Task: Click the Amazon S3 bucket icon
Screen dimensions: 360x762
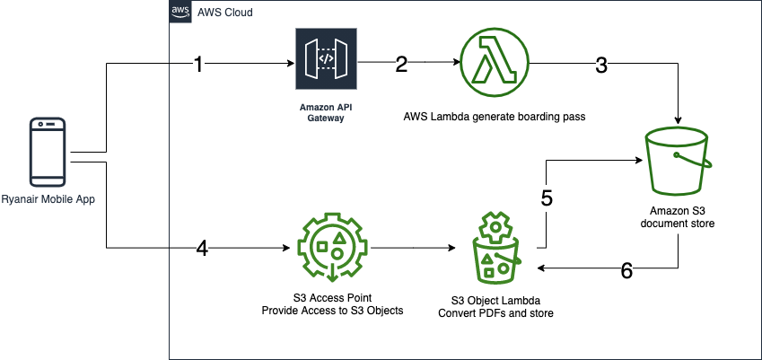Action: point(678,161)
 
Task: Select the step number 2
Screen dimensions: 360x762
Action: point(401,64)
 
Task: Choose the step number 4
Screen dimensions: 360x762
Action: point(203,249)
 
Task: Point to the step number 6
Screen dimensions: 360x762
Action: point(627,269)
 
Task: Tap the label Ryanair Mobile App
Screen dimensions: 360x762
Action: point(48,198)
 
